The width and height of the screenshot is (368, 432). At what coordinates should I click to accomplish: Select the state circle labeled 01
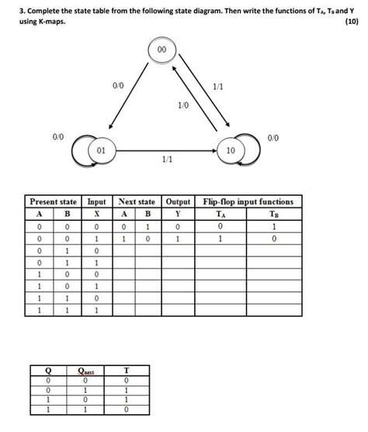tap(101, 148)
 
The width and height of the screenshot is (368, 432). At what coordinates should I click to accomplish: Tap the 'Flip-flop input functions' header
tap(248, 201)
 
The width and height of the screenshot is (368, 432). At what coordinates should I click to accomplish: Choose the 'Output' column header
tap(178, 201)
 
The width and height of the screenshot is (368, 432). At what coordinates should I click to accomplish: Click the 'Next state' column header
tap(137, 201)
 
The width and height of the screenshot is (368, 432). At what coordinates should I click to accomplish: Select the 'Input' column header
tap(96, 201)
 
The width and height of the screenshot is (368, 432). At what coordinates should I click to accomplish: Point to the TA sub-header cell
tap(221, 214)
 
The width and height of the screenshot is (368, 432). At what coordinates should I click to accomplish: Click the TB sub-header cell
tap(273, 214)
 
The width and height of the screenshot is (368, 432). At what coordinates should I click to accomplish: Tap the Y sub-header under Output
tap(178, 214)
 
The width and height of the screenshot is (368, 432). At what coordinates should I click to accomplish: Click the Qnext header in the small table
tap(95, 372)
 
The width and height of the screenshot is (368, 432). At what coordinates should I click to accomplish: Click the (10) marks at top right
tap(352, 21)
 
